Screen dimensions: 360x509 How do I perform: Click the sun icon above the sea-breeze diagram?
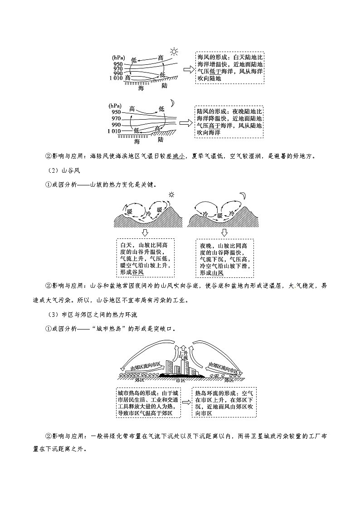(x=174, y=51)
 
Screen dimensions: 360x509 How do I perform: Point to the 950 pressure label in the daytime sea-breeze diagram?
(x=118, y=64)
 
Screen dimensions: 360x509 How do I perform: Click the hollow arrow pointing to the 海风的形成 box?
(x=187, y=69)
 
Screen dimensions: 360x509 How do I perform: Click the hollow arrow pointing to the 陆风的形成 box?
(x=185, y=123)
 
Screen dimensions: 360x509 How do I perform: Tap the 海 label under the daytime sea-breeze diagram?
(x=141, y=88)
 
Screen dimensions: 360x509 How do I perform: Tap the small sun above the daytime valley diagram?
(x=171, y=195)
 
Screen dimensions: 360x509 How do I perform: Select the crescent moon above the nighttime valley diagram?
(x=243, y=195)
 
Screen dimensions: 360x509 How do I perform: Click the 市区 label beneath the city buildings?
(x=180, y=380)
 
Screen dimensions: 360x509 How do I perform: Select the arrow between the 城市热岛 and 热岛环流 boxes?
(x=185, y=402)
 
